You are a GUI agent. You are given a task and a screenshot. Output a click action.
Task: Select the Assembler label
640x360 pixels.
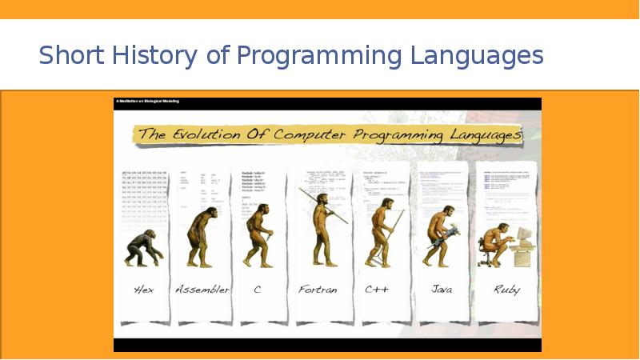coord(202,289)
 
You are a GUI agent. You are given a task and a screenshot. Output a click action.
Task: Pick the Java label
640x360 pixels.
coord(442,289)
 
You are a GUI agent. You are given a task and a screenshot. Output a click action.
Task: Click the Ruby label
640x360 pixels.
coord(506,289)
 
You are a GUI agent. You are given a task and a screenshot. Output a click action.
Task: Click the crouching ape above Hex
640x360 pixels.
coord(142,247)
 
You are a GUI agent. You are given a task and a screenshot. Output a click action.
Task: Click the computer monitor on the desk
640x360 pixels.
coord(524,235)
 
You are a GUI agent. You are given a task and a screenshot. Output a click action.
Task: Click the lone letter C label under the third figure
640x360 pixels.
coord(258,289)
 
